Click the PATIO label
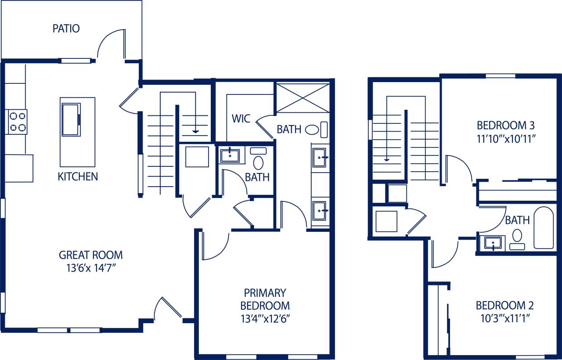pos(66,29)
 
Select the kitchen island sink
pos(71,119)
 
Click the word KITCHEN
pos(78,177)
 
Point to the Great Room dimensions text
pos(91,267)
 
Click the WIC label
pos(241,119)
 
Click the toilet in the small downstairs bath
pos(258,161)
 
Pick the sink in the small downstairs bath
pos(230,155)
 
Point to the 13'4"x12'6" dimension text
pos(265,318)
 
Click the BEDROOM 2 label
pos(504,305)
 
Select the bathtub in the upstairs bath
pos(544,228)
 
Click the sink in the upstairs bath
pos(494,243)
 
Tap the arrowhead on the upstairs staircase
pos(386,159)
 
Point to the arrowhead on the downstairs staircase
pos(195,131)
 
